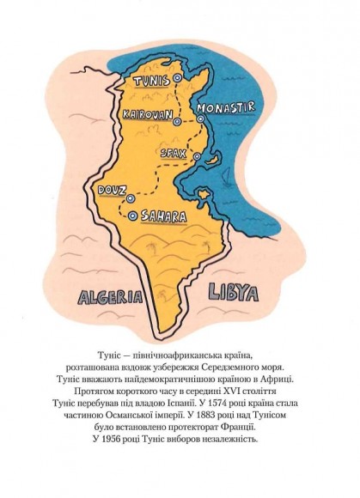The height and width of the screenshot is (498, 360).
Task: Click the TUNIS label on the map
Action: pos(151,80)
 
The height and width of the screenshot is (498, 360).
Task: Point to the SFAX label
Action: pos(173,152)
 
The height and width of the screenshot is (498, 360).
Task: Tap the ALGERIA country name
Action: pos(109,298)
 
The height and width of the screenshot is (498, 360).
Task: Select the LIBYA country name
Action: pos(233,294)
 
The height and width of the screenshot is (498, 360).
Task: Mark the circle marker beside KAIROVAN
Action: pos(177,122)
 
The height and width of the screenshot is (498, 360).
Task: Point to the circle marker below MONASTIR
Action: pos(200,118)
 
